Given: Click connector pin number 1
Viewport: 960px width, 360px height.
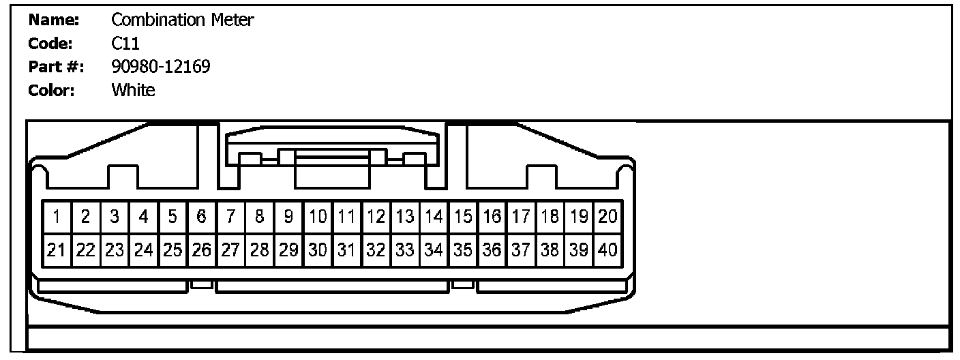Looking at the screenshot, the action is click(x=57, y=217).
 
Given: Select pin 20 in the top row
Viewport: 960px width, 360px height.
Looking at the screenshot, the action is click(x=607, y=217).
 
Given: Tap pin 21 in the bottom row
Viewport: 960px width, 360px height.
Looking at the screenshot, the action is click(x=57, y=250).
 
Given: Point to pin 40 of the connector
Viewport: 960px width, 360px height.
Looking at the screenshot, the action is click(x=607, y=250).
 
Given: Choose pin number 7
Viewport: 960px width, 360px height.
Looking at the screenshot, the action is click(x=230, y=217).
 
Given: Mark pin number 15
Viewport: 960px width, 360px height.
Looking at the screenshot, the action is click(x=463, y=217).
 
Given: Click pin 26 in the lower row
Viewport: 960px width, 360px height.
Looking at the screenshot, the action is click(x=201, y=250).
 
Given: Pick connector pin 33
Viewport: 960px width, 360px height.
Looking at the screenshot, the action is click(x=405, y=250).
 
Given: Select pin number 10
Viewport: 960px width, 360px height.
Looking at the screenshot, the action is click(x=318, y=217).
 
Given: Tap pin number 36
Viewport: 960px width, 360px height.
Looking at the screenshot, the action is click(x=492, y=250).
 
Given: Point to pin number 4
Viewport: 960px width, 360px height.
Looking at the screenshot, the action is click(x=143, y=217).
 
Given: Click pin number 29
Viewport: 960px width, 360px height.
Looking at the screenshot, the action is click(x=288, y=250).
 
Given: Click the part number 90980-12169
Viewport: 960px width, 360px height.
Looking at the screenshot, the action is click(x=161, y=67).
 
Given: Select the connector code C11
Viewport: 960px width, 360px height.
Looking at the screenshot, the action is click(x=125, y=44).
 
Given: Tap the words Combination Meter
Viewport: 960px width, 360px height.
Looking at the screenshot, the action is click(x=183, y=20).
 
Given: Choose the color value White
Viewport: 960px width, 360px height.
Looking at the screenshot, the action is click(x=133, y=90).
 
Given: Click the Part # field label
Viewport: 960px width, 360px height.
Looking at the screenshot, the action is click(x=55, y=67).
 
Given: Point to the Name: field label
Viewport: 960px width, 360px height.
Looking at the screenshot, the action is click(x=54, y=20).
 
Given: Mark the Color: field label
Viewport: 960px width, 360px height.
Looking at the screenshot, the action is click(x=52, y=90).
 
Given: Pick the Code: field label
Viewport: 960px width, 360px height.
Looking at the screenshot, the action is click(x=50, y=44).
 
